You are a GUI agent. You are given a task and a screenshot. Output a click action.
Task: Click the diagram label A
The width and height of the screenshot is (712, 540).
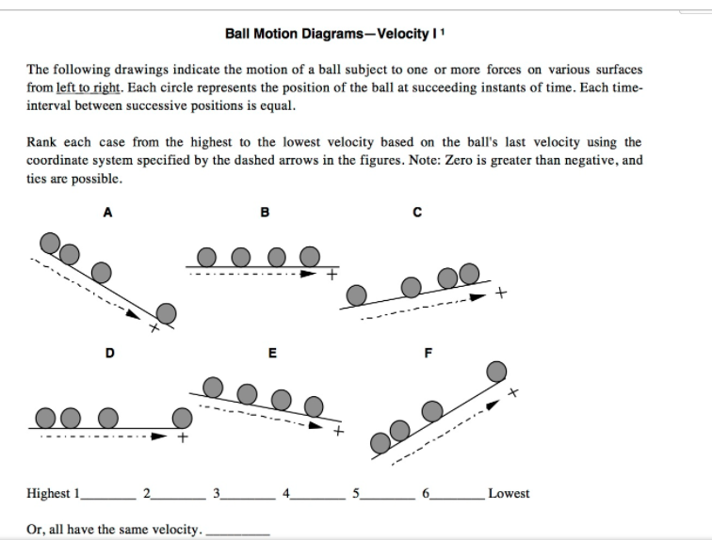click(107, 213)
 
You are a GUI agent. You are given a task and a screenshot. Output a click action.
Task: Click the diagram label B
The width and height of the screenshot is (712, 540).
click(265, 213)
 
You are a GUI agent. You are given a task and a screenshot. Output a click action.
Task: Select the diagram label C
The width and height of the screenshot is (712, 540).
click(415, 213)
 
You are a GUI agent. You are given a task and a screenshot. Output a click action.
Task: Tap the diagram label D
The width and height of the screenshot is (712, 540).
click(109, 353)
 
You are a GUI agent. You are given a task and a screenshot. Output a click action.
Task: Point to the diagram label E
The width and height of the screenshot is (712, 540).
click(272, 353)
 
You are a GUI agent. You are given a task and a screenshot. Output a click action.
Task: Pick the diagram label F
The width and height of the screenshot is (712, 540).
click(429, 353)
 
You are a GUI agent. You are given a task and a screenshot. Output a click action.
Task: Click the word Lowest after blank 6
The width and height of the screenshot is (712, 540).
click(509, 493)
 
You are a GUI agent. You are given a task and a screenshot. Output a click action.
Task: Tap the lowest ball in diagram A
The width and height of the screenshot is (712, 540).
click(167, 312)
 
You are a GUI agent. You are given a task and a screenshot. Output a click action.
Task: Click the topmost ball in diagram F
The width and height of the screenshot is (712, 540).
click(495, 372)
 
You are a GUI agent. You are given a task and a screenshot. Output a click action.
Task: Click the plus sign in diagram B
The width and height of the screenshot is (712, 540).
click(332, 276)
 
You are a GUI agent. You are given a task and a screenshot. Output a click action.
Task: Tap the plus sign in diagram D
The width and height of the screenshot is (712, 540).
click(184, 437)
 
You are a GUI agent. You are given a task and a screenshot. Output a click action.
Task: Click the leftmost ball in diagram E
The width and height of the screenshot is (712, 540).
click(214, 384)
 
